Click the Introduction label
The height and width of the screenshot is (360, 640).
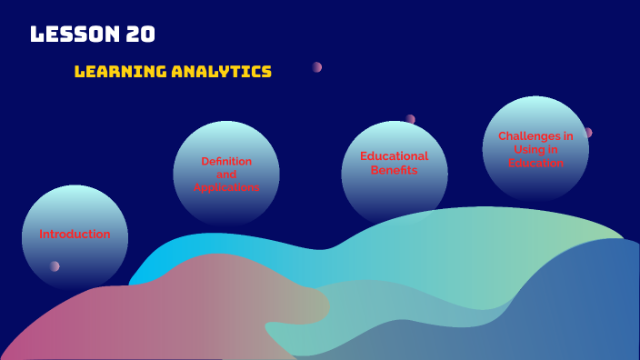75,235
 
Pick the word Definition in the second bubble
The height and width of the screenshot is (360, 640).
226,161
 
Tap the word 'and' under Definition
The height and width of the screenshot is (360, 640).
226,174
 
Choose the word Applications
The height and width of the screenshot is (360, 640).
226,186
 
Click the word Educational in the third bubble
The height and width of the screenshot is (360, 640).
394,156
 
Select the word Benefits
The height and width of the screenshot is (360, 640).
394,170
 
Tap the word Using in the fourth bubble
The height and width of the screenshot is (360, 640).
525,150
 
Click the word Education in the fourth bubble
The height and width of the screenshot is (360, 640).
535,163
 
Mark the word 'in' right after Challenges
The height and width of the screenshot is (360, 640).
568,136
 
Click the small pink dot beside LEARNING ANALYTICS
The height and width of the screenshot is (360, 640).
317,67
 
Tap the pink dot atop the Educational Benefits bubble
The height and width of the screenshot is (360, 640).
410,119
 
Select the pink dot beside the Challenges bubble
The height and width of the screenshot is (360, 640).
587,133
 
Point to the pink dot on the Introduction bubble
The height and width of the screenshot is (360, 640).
55,266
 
